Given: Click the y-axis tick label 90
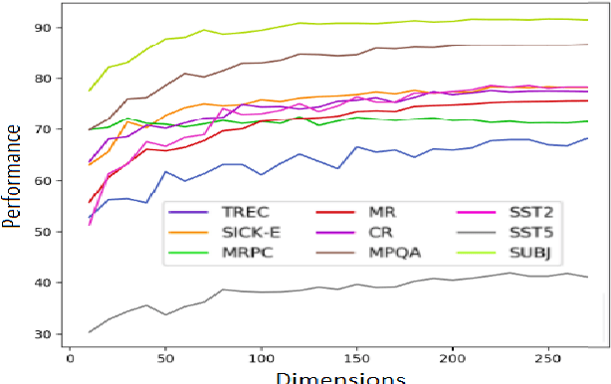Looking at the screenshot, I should (43, 28).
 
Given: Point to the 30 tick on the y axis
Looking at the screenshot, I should (43, 334).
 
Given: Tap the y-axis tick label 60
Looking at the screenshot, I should (43, 181).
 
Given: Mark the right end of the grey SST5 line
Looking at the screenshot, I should (587, 277).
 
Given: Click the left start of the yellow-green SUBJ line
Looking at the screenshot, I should (89, 92).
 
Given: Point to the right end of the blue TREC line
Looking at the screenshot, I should (587, 138).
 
